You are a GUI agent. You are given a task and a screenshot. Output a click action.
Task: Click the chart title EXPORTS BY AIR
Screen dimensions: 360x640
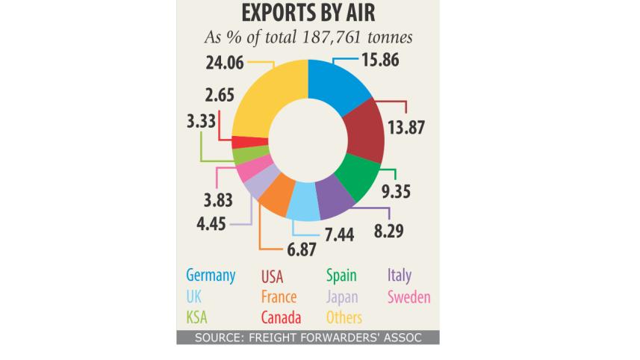pyautogui.click(x=308, y=15)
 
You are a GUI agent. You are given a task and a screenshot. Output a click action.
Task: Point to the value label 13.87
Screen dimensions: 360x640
pyautogui.click(x=406, y=128)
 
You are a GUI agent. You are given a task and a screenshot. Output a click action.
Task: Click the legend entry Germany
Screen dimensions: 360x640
pyautogui.click(x=211, y=275)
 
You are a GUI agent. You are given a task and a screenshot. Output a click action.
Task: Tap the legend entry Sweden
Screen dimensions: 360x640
pyautogui.click(x=408, y=297)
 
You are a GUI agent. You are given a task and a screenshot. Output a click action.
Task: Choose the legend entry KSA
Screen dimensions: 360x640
pyautogui.click(x=197, y=318)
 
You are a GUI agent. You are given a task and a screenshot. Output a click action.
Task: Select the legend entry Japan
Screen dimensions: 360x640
pyautogui.click(x=343, y=297)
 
